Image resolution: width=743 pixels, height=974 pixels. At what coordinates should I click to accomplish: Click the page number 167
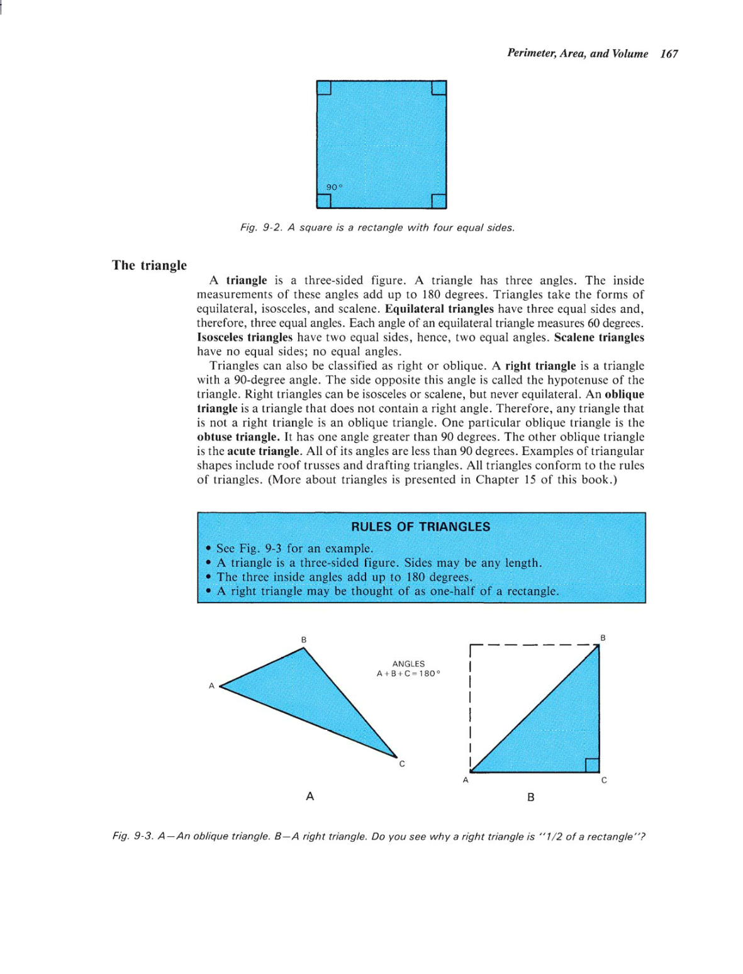tap(669, 54)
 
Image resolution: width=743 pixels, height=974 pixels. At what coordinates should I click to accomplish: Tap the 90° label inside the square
tap(334, 187)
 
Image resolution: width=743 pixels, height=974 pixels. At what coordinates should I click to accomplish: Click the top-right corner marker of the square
tap(439, 87)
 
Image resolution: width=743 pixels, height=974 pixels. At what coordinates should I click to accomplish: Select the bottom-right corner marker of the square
tap(439, 201)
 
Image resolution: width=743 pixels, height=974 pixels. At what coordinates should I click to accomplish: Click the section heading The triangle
tap(149, 265)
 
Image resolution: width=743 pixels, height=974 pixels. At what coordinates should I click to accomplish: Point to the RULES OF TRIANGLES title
tap(420, 527)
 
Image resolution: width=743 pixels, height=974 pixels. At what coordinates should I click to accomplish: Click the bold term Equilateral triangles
tap(439, 309)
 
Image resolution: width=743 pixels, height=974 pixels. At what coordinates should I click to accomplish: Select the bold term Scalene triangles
tap(599, 337)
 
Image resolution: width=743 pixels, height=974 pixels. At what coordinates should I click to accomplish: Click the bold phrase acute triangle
tap(263, 451)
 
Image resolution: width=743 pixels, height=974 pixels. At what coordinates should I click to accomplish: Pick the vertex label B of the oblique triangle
tap(304, 640)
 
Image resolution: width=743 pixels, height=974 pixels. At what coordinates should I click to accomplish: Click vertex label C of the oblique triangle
tap(402, 764)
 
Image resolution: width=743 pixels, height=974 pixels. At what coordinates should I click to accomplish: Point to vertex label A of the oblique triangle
tap(211, 686)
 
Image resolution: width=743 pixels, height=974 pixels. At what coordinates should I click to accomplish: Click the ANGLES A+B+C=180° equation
tap(408, 669)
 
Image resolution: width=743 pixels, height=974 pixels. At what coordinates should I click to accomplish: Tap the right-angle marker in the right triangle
tap(592, 765)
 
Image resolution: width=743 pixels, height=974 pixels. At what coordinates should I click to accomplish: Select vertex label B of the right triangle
tap(603, 638)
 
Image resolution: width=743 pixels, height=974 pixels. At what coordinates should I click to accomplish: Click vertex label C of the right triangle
tap(604, 780)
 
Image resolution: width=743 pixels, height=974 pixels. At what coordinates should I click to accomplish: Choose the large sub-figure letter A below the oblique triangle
tap(310, 797)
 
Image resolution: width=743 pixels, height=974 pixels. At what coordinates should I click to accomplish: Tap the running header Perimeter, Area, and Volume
tap(577, 54)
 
